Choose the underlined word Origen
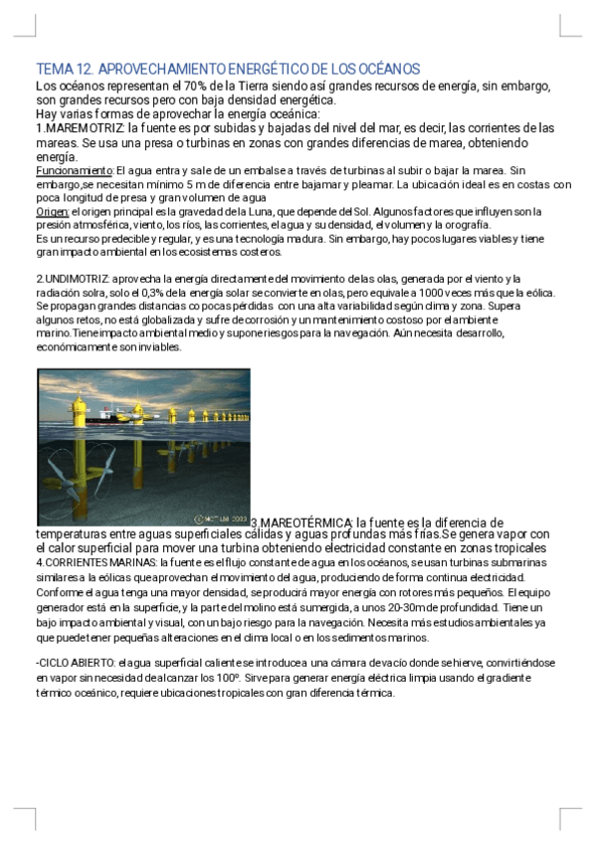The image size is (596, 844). pyautogui.click(x=52, y=212)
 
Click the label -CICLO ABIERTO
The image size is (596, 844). pyautogui.click(x=75, y=662)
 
